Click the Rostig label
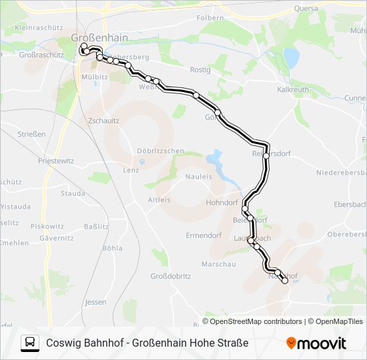click(x=200, y=69)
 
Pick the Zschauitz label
click(x=103, y=121)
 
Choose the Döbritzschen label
click(x=160, y=151)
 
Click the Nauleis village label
click(x=198, y=177)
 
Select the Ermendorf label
click(x=203, y=235)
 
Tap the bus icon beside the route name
click(x=30, y=343)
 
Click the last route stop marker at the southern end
click(x=285, y=281)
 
